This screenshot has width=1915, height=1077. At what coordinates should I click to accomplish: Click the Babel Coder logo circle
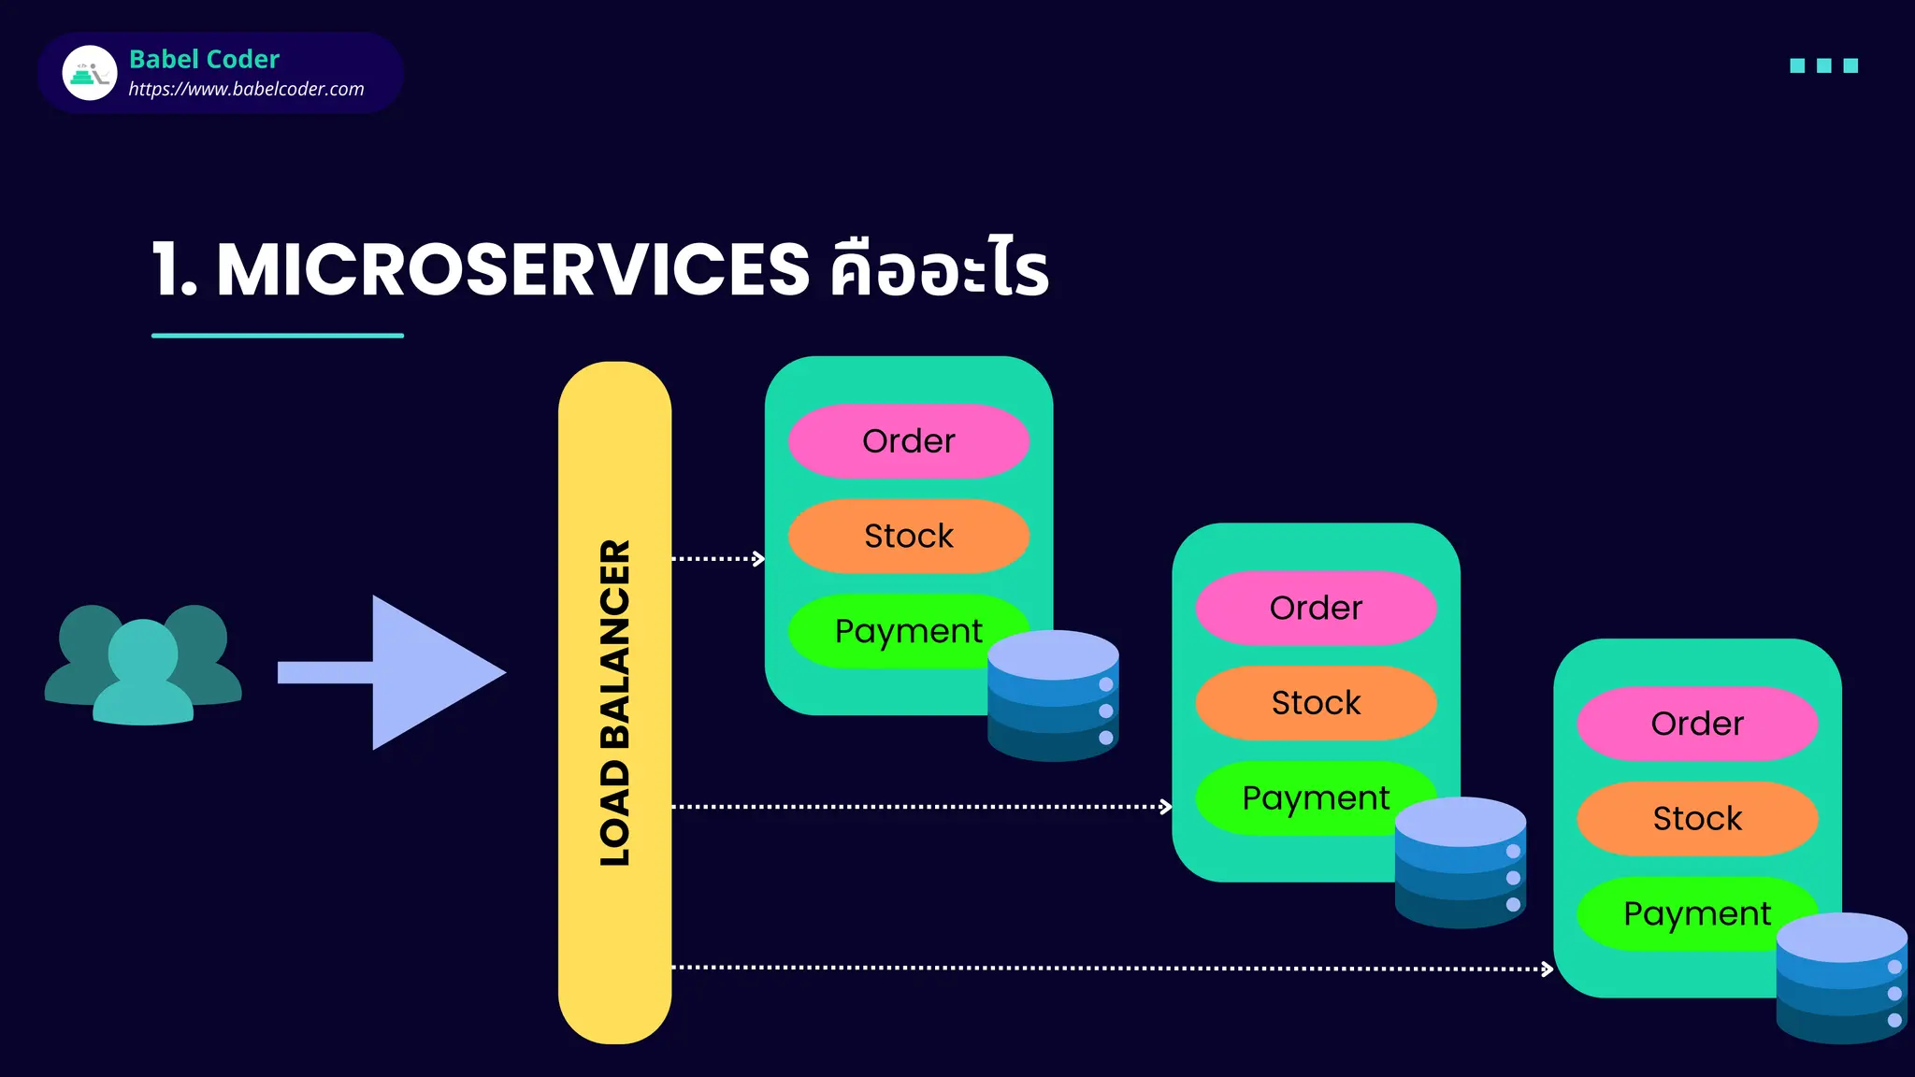tap(90, 73)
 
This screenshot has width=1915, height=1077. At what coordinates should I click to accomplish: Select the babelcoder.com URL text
tap(246, 89)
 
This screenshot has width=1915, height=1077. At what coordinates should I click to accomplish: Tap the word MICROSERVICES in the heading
tap(512, 270)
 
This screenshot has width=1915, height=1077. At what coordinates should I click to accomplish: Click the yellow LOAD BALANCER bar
tap(614, 701)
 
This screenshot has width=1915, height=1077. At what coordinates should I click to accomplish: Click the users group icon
tap(143, 666)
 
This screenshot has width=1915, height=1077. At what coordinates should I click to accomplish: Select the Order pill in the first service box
tap(908, 441)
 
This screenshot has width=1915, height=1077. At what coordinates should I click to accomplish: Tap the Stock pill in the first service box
tap(908, 536)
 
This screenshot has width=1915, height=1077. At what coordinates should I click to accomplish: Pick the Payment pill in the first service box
tap(898, 631)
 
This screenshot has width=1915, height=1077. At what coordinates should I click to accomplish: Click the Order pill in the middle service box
tap(1316, 608)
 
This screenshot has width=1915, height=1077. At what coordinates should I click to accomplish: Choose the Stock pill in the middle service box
tap(1316, 703)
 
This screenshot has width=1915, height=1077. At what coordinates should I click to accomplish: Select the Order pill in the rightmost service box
tap(1697, 724)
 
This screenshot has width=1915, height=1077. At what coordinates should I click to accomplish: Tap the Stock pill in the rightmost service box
tap(1697, 819)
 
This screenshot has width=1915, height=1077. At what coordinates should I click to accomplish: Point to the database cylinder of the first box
tap(1053, 696)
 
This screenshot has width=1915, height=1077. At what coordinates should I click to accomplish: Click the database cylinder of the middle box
tap(1460, 863)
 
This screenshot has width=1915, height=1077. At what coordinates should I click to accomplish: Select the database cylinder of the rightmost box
tap(1840, 979)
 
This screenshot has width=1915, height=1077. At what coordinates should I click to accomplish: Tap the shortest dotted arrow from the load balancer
tap(717, 559)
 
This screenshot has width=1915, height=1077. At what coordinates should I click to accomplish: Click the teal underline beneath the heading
tap(278, 335)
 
